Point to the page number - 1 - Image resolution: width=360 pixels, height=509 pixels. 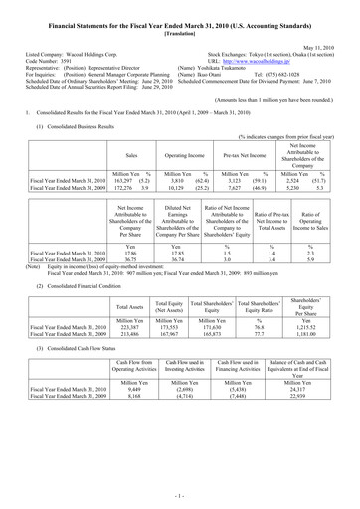click(180, 493)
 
